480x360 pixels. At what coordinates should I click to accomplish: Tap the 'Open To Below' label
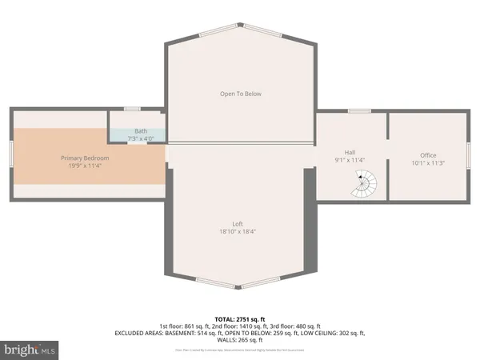pyautogui.click(x=240, y=94)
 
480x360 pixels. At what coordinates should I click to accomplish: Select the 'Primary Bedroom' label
pyautogui.click(x=85, y=158)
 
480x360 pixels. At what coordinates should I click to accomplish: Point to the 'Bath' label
pyautogui.click(x=141, y=131)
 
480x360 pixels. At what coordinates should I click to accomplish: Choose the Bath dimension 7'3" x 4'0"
pyautogui.click(x=141, y=139)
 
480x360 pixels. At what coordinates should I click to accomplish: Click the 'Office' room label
pyautogui.click(x=429, y=155)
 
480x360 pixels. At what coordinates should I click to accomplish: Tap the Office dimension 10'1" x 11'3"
pyautogui.click(x=429, y=163)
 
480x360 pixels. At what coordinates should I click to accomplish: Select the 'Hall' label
pyautogui.click(x=350, y=152)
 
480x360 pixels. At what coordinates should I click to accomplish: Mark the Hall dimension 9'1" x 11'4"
pyautogui.click(x=350, y=160)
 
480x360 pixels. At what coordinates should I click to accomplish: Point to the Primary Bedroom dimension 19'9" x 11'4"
pyautogui.click(x=85, y=166)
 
